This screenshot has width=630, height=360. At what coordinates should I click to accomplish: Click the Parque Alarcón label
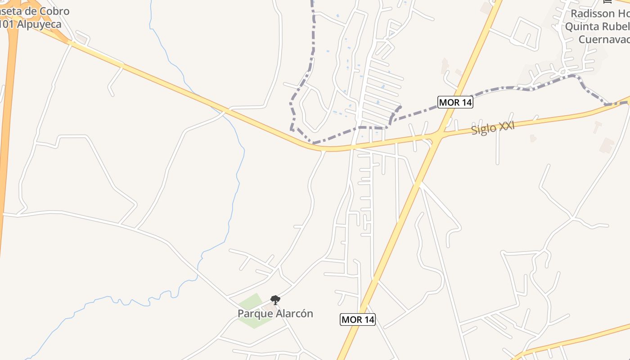pyautogui.click(x=275, y=314)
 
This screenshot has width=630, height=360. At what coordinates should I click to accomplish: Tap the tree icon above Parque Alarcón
pyautogui.click(x=275, y=300)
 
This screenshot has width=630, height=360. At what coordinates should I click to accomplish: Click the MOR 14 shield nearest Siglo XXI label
pyautogui.click(x=455, y=102)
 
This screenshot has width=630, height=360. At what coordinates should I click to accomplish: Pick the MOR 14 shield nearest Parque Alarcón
pyautogui.click(x=358, y=319)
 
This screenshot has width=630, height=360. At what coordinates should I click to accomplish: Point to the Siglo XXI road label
pyautogui.click(x=493, y=128)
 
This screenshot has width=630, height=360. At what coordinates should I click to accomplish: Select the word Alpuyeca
pyautogui.click(x=40, y=24)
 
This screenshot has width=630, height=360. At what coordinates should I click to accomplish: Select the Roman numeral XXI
pyautogui.click(x=506, y=126)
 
